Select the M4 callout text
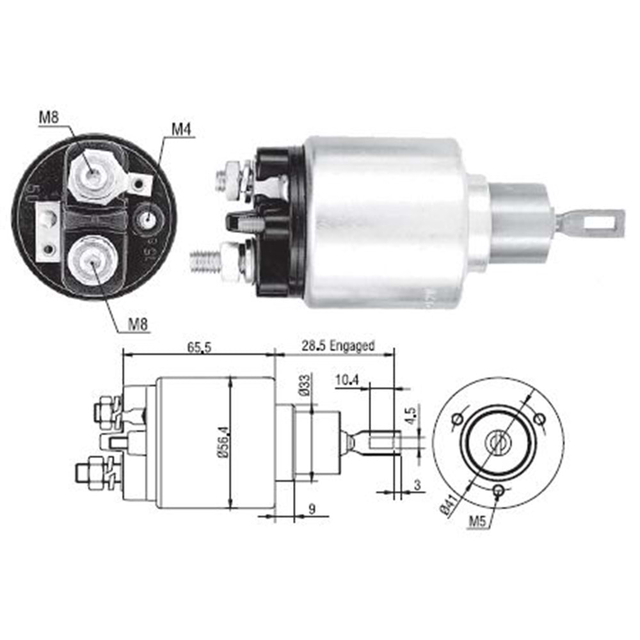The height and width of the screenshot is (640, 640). click(x=181, y=129)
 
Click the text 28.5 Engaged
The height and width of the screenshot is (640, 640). click(x=337, y=346)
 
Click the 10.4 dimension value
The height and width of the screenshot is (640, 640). click(x=346, y=380)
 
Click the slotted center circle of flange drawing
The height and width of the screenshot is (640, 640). click(x=497, y=441)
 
